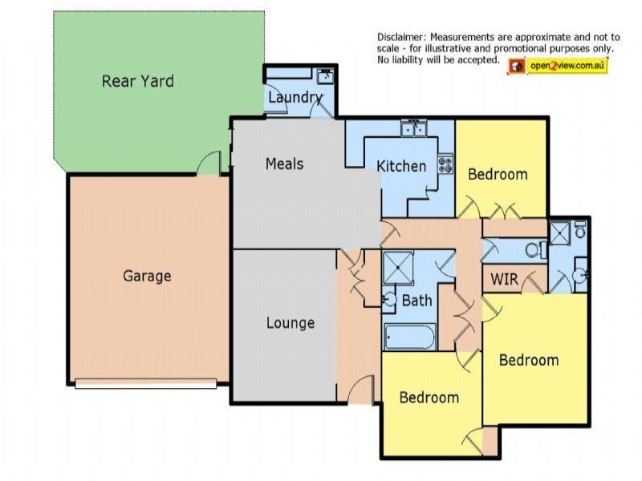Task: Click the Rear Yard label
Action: point(137,81)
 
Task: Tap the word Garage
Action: point(147,276)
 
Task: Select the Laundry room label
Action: point(295,98)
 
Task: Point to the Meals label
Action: point(284,164)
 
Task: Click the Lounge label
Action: point(290,323)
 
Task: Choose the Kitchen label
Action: point(401,166)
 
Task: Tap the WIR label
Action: point(504,279)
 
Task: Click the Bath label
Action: point(416,301)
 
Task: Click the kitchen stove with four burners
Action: point(445,164)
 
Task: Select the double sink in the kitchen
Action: point(415,127)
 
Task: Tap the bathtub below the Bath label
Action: point(409,337)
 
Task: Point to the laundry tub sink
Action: point(324,77)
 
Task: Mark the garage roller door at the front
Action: point(145,383)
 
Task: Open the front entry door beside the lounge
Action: point(362,390)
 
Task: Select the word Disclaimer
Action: point(401,37)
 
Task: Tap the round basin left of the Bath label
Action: point(390,300)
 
